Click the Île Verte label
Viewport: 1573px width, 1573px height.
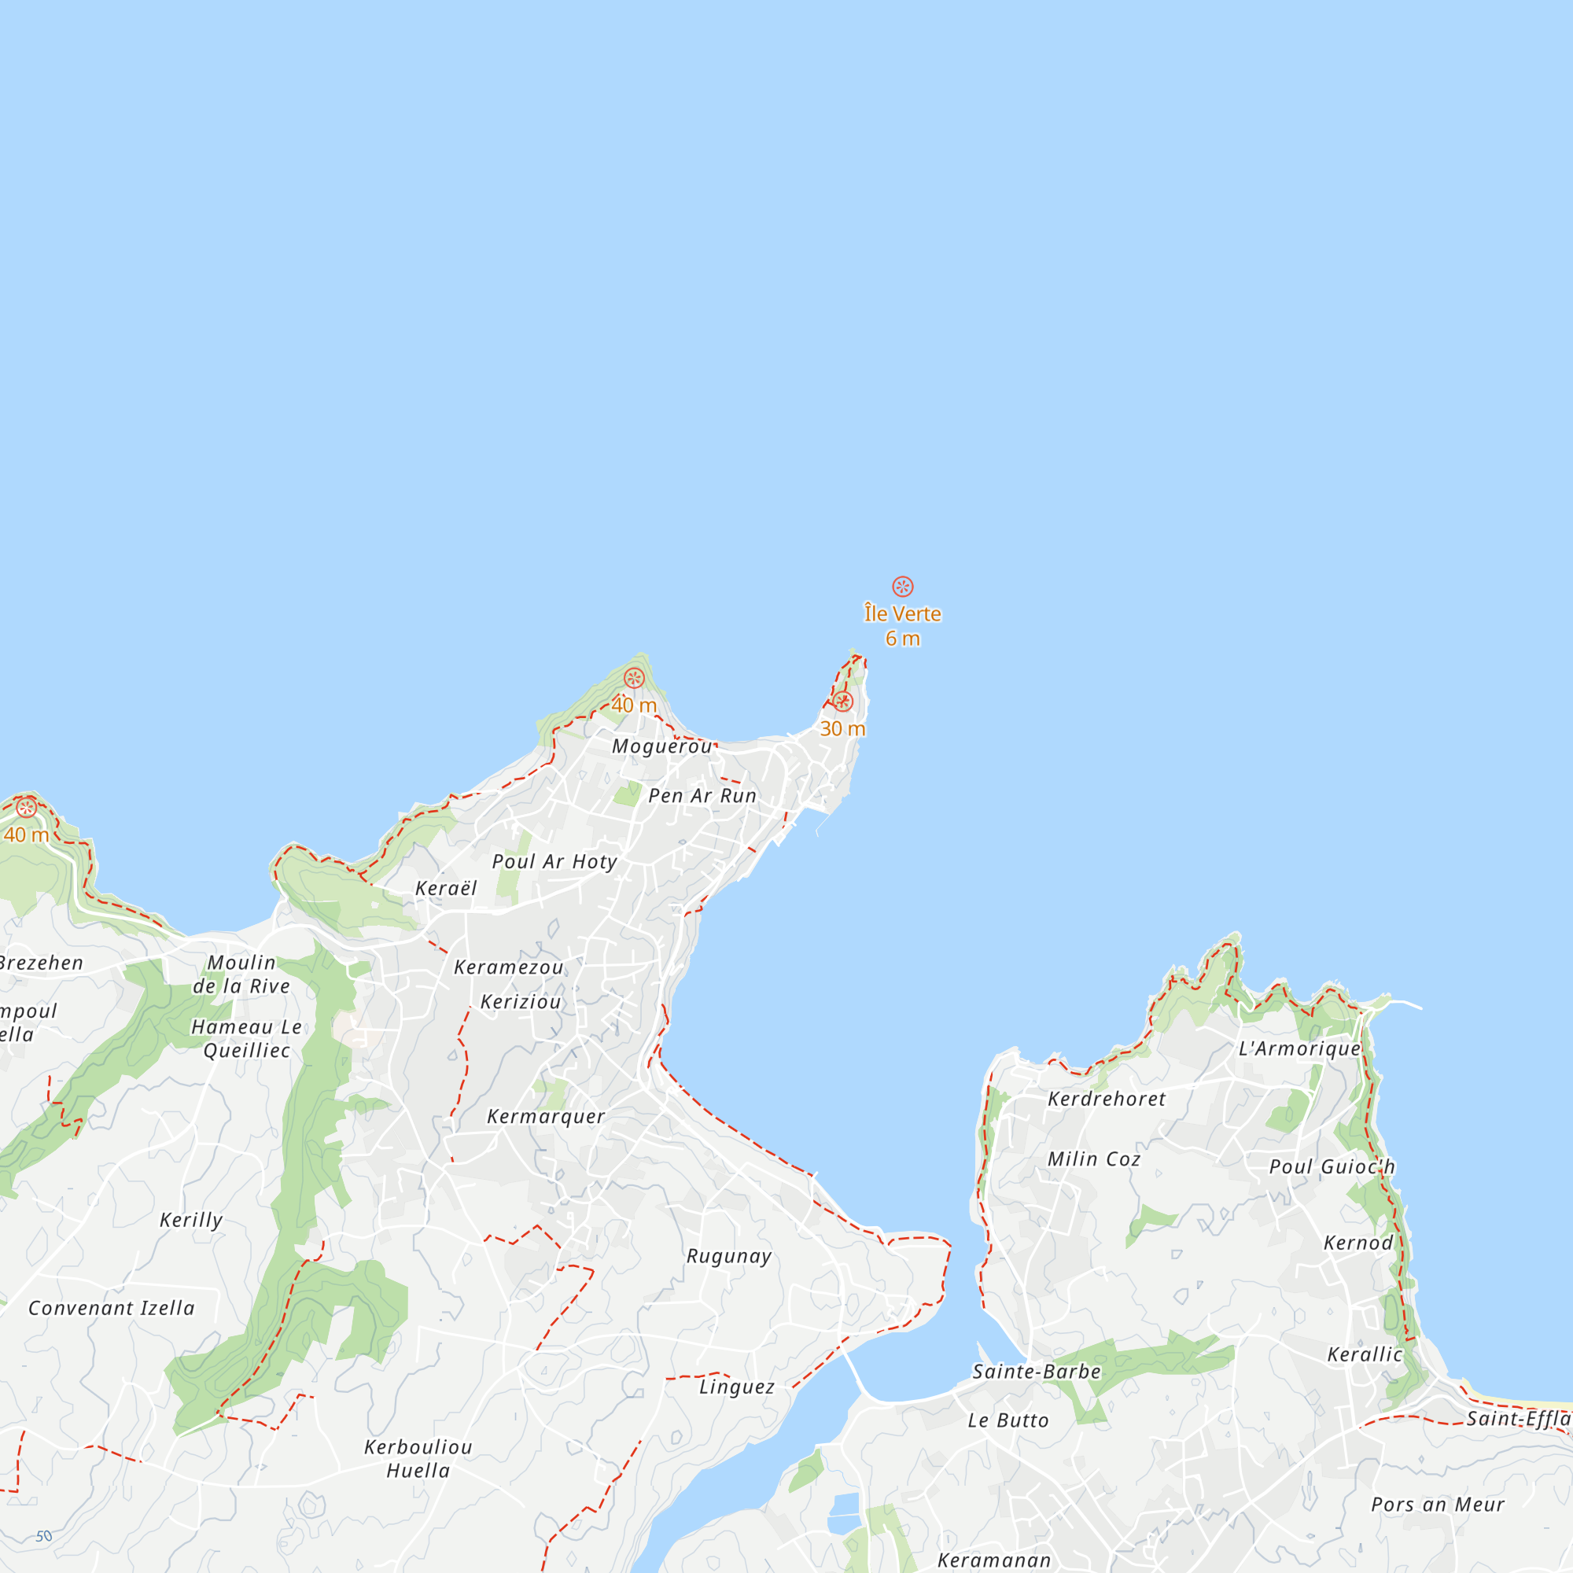pyautogui.click(x=902, y=614)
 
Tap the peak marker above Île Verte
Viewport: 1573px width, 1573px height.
pyautogui.click(x=902, y=586)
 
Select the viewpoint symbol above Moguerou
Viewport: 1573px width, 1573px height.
pyautogui.click(x=634, y=678)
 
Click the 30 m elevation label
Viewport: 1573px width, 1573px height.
pyautogui.click(x=842, y=729)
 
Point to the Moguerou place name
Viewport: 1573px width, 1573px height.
pyautogui.click(x=663, y=746)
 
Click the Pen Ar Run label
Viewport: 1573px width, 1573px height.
pyautogui.click(x=702, y=796)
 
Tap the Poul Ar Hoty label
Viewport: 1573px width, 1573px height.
pyautogui.click(x=554, y=861)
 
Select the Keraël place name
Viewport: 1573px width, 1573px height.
pyautogui.click(x=446, y=888)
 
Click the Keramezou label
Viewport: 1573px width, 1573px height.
pyautogui.click(x=509, y=967)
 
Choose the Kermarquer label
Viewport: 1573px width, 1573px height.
pyautogui.click(x=546, y=1116)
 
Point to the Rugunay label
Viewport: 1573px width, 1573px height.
pyautogui.click(x=729, y=1256)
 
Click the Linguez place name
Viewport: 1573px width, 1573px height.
pyautogui.click(x=737, y=1387)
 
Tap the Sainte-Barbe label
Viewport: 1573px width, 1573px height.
pyautogui.click(x=1037, y=1372)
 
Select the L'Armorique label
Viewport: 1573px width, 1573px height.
pyautogui.click(x=1299, y=1048)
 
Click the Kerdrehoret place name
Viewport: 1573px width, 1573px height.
pyautogui.click(x=1107, y=1100)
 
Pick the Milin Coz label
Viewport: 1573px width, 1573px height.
pyautogui.click(x=1093, y=1159)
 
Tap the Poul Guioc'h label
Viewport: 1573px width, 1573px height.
pyautogui.click(x=1332, y=1166)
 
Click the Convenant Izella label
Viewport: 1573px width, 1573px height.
pyautogui.click(x=112, y=1309)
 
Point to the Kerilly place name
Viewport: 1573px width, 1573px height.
pyautogui.click(x=191, y=1220)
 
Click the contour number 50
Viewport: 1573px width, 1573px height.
pyautogui.click(x=44, y=1536)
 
